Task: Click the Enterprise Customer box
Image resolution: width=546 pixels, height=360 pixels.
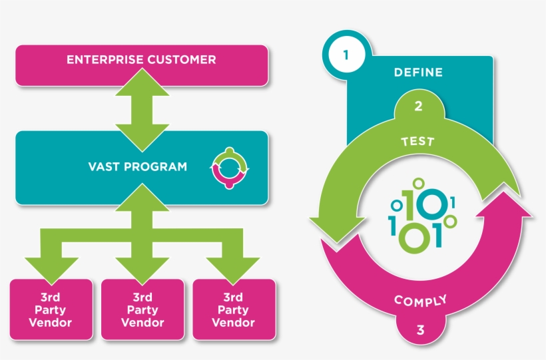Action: (141, 65)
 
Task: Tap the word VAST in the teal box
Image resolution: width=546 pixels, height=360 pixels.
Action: (104, 166)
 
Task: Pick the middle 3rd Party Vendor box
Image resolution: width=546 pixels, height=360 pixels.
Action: (142, 309)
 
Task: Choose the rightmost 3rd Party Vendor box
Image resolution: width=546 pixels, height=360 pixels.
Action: (233, 309)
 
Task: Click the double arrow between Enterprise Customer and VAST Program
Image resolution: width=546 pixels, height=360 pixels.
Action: (142, 108)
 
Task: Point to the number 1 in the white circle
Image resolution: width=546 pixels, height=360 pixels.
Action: (345, 55)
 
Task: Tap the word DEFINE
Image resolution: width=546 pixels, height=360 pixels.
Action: (418, 73)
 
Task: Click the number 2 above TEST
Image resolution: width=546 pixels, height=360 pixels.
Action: (418, 106)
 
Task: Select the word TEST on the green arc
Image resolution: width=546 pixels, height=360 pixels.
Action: (418, 141)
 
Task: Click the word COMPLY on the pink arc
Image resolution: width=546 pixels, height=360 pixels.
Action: (420, 301)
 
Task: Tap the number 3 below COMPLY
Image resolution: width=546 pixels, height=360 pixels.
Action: (420, 329)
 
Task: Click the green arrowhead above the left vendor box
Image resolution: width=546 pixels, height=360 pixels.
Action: (51, 266)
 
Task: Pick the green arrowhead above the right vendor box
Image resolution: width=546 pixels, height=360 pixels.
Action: (233, 266)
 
